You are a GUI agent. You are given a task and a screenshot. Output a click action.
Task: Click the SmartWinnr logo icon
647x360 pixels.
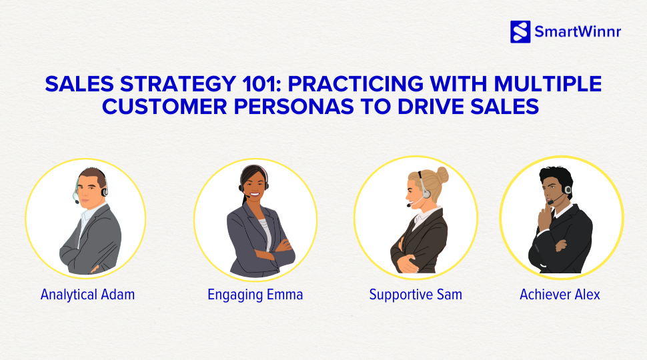(520, 32)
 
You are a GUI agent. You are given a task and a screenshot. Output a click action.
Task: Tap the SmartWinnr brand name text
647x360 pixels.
(578, 32)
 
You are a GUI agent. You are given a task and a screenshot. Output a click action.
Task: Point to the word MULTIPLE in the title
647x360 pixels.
(548, 84)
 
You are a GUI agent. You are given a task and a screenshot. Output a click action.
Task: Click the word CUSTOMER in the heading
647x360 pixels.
(164, 107)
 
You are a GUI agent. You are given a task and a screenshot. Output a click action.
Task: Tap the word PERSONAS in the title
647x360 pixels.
(293, 107)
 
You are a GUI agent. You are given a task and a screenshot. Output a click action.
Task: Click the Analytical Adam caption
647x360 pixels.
(87, 295)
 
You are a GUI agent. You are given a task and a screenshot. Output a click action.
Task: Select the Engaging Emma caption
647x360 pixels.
(255, 295)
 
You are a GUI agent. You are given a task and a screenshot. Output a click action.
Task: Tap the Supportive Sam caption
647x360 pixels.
(416, 295)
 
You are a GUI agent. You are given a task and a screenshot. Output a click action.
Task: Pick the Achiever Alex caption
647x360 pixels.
(560, 295)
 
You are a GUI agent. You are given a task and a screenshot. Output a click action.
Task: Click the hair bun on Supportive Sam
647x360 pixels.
(442, 175)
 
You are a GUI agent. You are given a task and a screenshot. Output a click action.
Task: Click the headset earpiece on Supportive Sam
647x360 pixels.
(426, 193)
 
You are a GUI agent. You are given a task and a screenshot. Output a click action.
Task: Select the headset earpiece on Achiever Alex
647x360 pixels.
(568, 190)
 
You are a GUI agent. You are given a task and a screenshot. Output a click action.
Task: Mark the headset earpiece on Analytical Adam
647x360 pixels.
(105, 192)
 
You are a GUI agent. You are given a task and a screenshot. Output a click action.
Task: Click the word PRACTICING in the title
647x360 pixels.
(356, 84)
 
